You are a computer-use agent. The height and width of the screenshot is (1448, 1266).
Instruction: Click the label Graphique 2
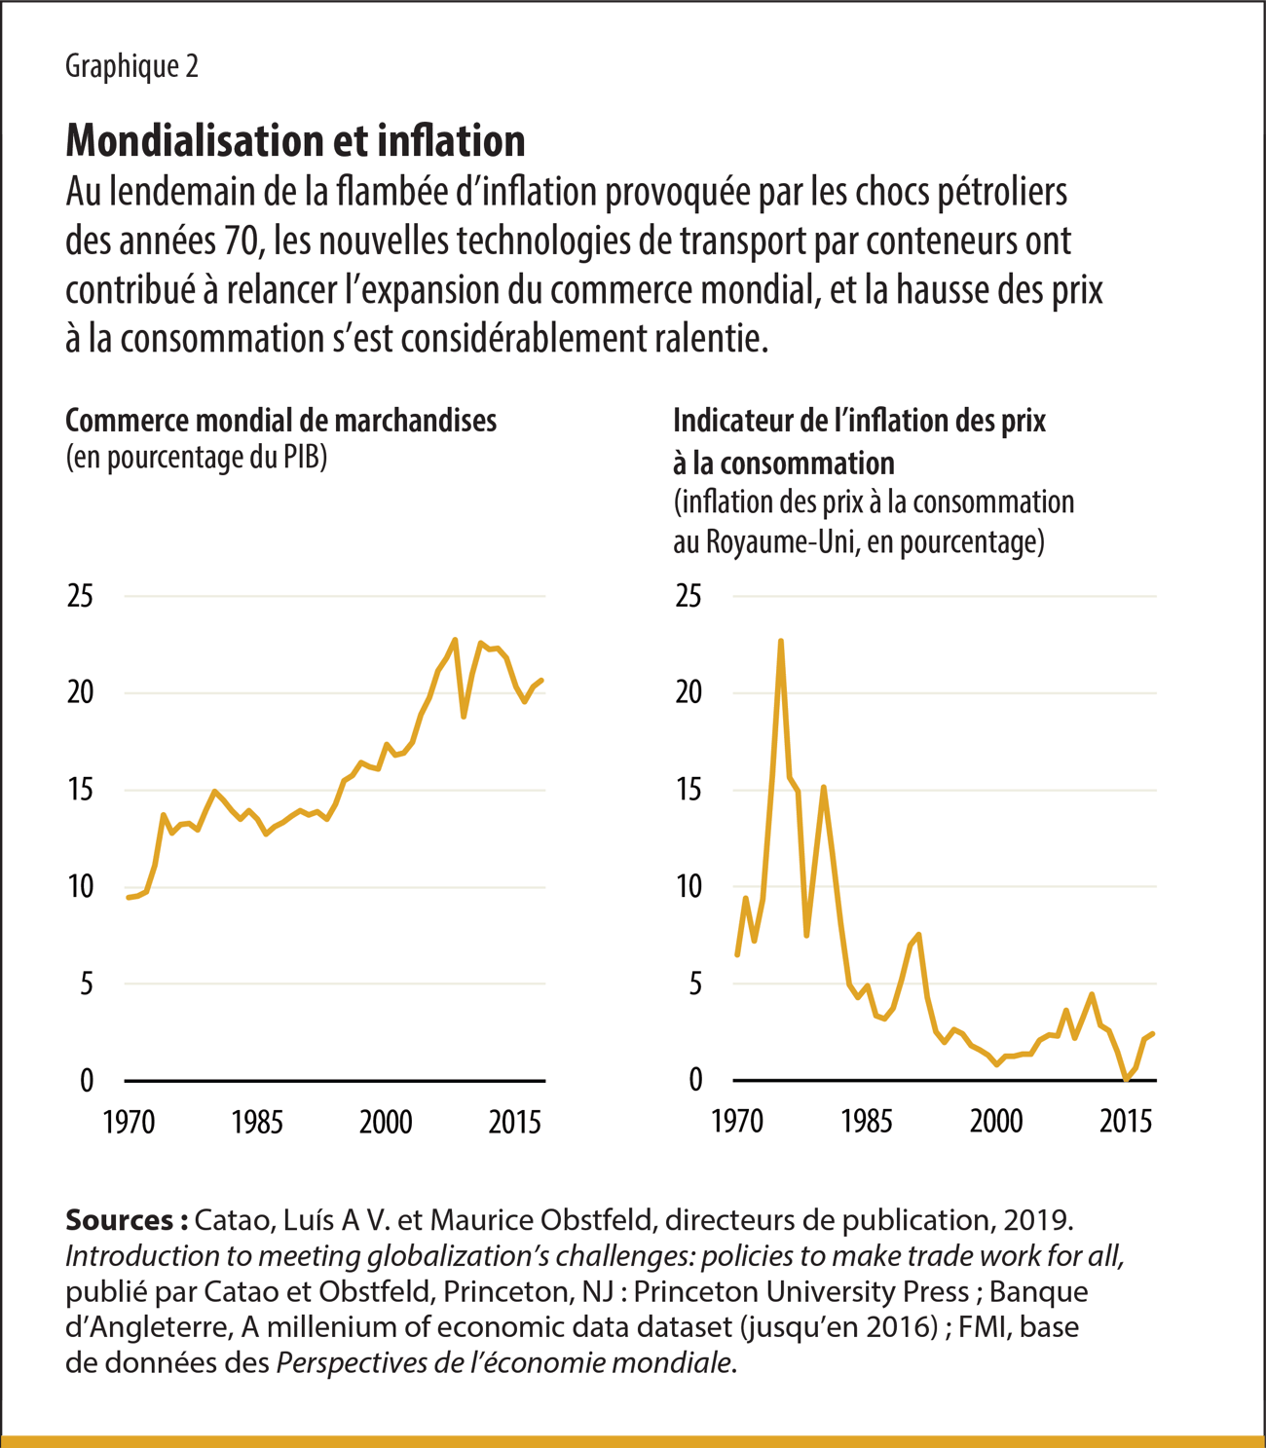coord(131,66)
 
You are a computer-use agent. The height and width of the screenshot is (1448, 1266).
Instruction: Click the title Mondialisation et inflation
coord(295,141)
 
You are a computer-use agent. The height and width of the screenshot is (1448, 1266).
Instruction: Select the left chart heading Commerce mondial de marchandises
coord(280,421)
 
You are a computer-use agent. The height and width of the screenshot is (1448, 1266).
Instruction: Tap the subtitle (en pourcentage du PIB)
coord(196,458)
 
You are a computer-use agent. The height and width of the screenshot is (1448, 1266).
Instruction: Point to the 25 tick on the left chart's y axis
coord(80,596)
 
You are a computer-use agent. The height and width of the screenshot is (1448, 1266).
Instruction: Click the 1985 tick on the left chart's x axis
coord(257,1122)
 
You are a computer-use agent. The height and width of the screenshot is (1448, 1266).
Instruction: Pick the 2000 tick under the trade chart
coord(386,1122)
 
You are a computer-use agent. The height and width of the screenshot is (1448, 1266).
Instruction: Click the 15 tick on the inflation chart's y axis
coord(689,790)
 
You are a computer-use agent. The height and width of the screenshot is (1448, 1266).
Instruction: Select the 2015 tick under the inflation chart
coord(1126,1122)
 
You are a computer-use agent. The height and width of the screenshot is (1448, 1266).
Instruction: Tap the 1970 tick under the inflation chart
coord(737,1122)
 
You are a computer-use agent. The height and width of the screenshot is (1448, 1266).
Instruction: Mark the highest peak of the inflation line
coord(781,641)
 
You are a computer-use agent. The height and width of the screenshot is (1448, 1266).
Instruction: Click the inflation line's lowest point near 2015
coord(1127,1079)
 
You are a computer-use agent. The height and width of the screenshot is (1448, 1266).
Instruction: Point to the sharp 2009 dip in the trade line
coord(464,717)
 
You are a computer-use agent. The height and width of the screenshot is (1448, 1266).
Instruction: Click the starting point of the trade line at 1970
coord(128,898)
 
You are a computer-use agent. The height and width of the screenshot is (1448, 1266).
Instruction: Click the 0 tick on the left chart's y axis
coord(87,1080)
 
